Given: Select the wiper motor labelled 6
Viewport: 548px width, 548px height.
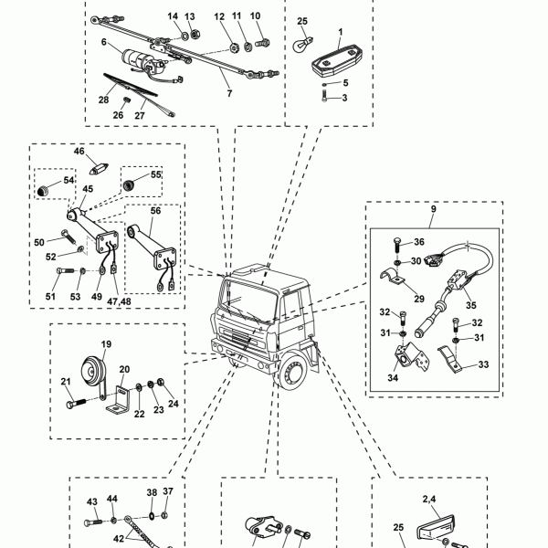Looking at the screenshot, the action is click(142, 62).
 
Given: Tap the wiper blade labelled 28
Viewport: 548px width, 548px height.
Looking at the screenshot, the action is click(130, 85).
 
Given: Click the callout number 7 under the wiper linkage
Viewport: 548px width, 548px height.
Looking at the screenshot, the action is click(229, 93).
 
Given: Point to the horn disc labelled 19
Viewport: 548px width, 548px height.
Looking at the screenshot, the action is click(92, 371).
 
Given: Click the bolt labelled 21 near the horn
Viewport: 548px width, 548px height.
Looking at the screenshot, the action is click(76, 403).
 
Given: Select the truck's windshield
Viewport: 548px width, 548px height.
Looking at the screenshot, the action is click(248, 300).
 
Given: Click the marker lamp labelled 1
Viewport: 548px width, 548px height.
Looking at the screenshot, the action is click(337, 59).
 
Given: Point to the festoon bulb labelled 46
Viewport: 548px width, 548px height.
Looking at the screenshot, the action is click(100, 169).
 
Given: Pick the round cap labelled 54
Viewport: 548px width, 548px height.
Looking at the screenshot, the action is click(43, 191).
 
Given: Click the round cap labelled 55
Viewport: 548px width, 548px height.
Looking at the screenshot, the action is click(129, 184).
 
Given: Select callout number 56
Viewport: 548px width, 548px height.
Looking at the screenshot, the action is click(155, 211).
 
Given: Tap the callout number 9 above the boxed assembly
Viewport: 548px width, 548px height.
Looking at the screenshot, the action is click(433, 209).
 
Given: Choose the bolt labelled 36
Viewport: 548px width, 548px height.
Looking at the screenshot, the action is click(397, 246).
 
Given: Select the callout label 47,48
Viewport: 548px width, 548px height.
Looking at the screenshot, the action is click(119, 301).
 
